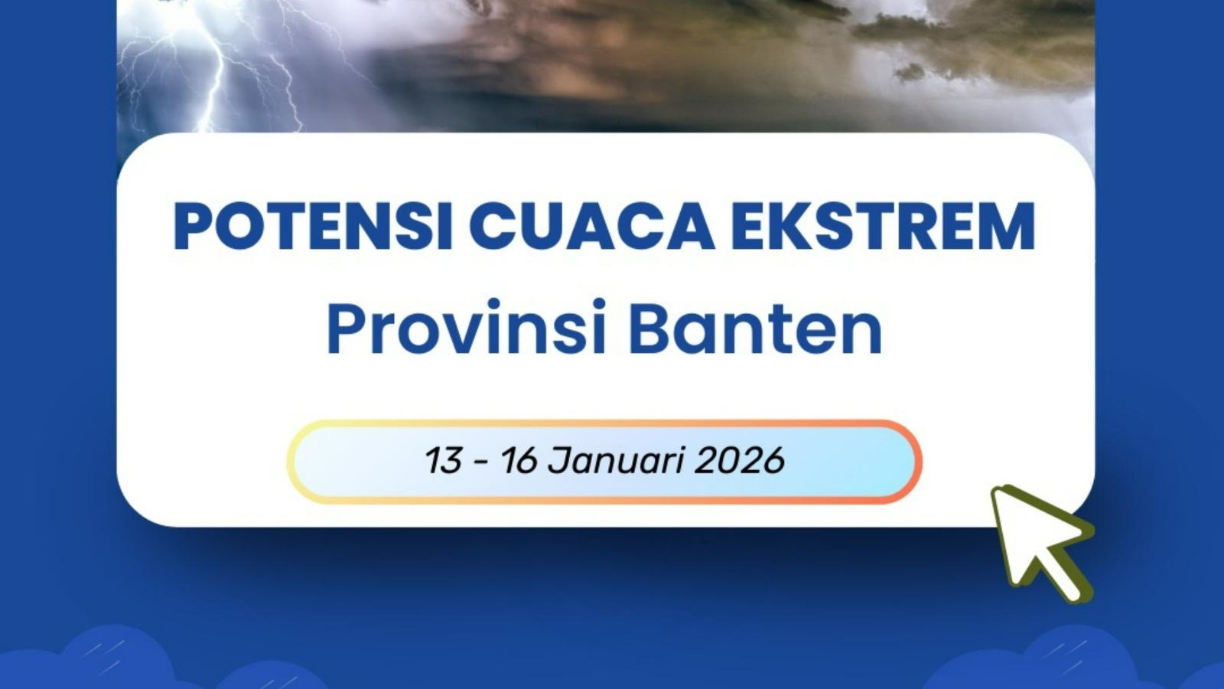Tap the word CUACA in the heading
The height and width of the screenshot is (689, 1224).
click(591, 227)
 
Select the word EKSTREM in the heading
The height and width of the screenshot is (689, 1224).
click(883, 227)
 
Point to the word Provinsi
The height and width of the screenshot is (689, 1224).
click(466, 329)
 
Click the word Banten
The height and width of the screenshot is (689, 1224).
click(755, 329)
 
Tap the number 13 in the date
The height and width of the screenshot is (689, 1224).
click(443, 461)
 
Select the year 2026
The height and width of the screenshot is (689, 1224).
click(741, 461)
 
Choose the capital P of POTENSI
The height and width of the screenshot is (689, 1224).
click(192, 227)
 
